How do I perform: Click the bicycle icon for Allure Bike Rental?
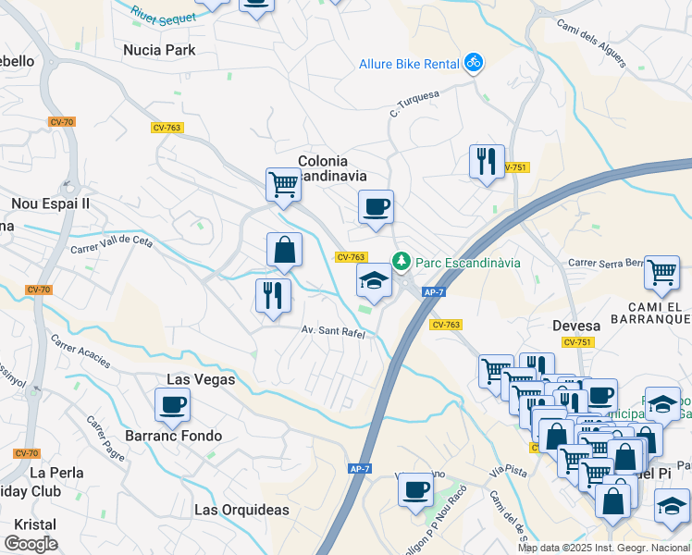point(474,63)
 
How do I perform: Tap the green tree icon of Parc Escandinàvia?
point(402,263)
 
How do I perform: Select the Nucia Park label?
point(160,50)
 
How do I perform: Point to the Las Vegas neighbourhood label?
point(201,379)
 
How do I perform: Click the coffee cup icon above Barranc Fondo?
point(172,404)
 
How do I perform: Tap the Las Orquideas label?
point(241,510)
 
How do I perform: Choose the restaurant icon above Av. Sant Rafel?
point(273,295)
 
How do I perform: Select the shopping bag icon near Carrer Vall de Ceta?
point(284,249)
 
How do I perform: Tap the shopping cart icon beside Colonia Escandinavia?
point(283,184)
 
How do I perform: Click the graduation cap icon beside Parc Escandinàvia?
point(374,280)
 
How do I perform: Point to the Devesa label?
point(576,326)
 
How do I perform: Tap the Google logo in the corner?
point(31,544)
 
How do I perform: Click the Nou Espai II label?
point(50,203)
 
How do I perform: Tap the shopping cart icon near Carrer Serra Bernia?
point(661,272)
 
